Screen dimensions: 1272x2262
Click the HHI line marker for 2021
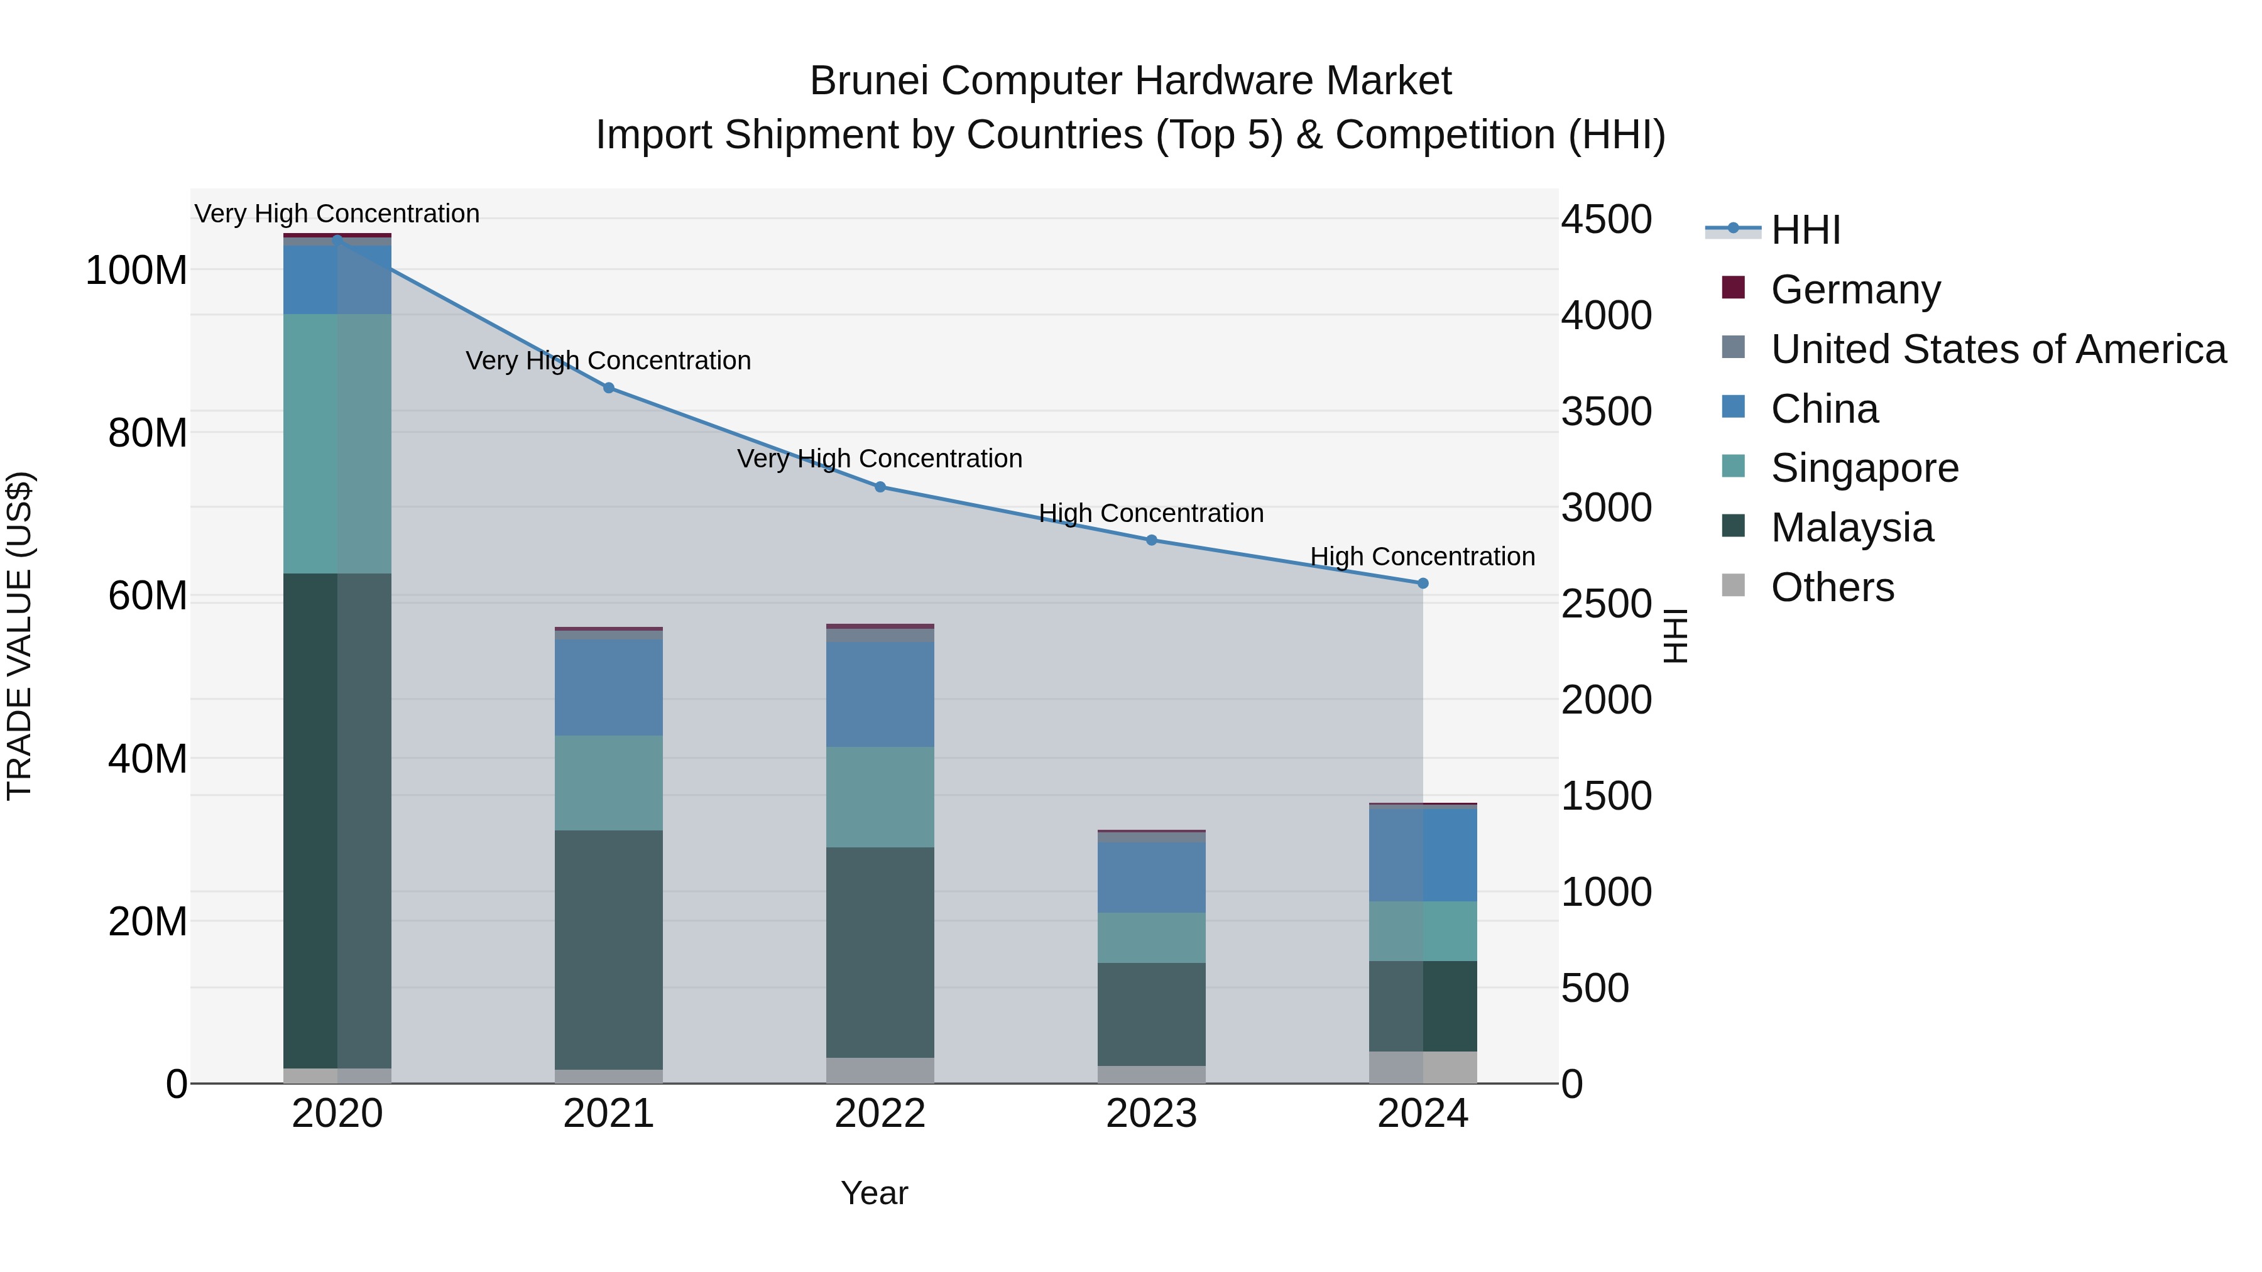pos(608,387)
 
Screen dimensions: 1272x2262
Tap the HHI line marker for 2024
pos(1423,583)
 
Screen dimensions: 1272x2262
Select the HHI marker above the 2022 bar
pos(880,486)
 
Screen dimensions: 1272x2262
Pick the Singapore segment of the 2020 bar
pos(337,443)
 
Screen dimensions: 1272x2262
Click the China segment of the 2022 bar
pos(880,693)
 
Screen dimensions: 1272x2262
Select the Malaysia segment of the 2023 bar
pos(1151,1014)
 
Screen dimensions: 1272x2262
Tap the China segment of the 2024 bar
pos(1423,853)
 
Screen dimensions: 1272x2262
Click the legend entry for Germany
pos(1855,290)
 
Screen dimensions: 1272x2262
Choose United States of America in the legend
pos(1997,349)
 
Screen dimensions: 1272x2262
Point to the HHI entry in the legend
pos(1805,230)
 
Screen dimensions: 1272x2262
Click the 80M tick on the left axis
pos(148,433)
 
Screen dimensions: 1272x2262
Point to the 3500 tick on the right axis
pos(1606,411)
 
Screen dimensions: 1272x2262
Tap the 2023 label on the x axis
pos(1151,1114)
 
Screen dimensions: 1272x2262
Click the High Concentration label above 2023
pos(1151,513)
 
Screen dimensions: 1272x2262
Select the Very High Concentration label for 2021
pos(608,361)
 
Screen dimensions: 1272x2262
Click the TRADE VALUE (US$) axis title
pos(19,636)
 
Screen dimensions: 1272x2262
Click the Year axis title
pos(874,1193)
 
